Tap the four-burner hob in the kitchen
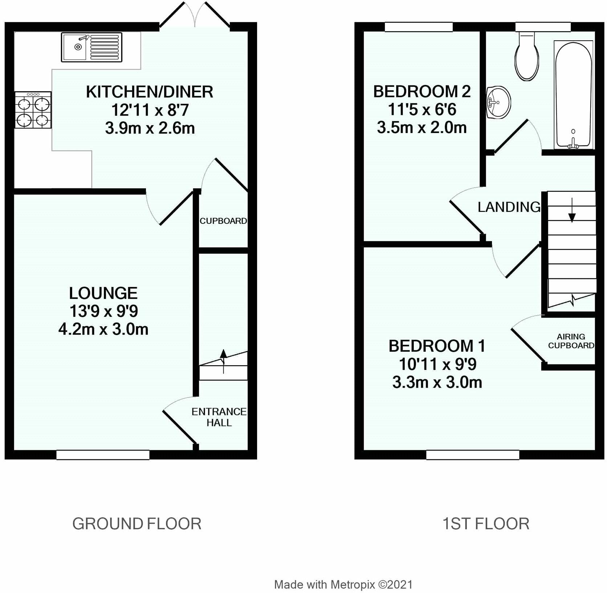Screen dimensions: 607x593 click(x=33, y=110)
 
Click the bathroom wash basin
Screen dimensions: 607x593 click(x=498, y=102)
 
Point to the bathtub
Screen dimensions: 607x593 click(x=573, y=95)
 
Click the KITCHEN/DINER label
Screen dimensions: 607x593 click(x=150, y=92)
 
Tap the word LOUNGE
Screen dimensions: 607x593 click(x=103, y=293)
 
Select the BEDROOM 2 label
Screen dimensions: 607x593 click(x=422, y=91)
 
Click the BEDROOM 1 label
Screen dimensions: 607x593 click(x=437, y=346)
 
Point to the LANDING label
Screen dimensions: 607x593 click(x=509, y=207)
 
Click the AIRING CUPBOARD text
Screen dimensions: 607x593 click(x=571, y=341)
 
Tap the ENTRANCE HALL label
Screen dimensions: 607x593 click(x=219, y=417)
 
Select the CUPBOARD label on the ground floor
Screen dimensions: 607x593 click(x=223, y=221)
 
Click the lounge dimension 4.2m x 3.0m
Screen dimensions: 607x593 click(x=103, y=330)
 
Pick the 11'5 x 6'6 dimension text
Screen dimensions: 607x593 click(x=422, y=109)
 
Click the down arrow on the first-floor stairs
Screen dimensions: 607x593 click(x=572, y=210)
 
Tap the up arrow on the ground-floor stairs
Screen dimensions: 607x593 click(x=223, y=361)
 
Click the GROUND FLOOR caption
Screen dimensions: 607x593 click(x=137, y=524)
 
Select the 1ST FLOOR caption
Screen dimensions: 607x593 click(x=486, y=524)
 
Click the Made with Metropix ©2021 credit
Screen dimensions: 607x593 click(x=343, y=585)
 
